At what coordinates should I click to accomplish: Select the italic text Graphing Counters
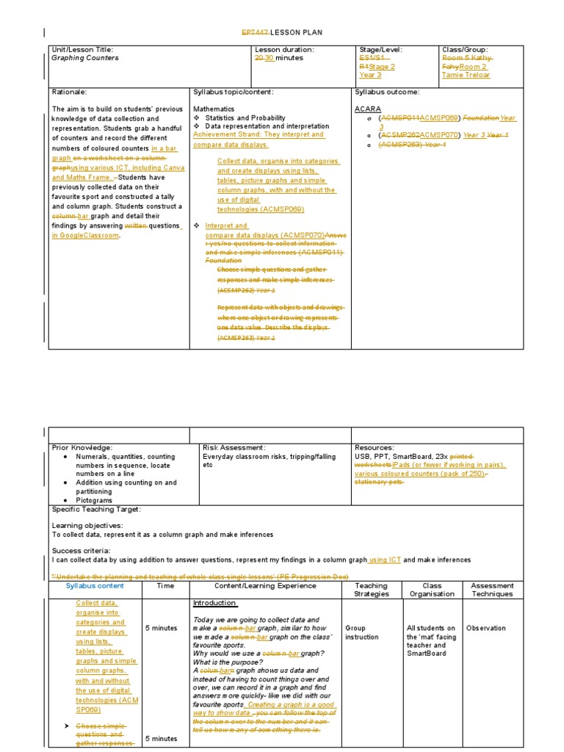pyautogui.click(x=84, y=58)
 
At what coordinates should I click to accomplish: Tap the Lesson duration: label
pyautogui.click(x=283, y=49)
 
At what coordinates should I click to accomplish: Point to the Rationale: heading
pyautogui.click(x=69, y=92)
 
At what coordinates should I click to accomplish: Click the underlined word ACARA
pyautogui.click(x=368, y=109)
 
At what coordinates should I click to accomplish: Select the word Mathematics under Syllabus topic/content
pyautogui.click(x=214, y=109)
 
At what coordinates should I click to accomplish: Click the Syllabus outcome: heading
pyautogui.click(x=388, y=92)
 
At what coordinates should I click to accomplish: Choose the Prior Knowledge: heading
pyautogui.click(x=82, y=447)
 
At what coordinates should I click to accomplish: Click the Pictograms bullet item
pyautogui.click(x=93, y=499)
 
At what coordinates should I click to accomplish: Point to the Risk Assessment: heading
pyautogui.click(x=234, y=447)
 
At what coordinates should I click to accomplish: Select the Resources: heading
pyautogui.click(x=375, y=447)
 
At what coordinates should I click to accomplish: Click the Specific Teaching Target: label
pyautogui.click(x=96, y=509)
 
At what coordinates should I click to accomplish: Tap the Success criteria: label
pyautogui.click(x=81, y=550)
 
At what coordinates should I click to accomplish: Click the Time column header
pyautogui.click(x=165, y=586)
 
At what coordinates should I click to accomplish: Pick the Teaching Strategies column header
pyautogui.click(x=371, y=590)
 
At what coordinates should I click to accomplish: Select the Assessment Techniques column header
pyautogui.click(x=493, y=590)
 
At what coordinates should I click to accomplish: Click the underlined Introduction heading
pyautogui.click(x=214, y=603)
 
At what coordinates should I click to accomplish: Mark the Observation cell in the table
pyautogui.click(x=486, y=628)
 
